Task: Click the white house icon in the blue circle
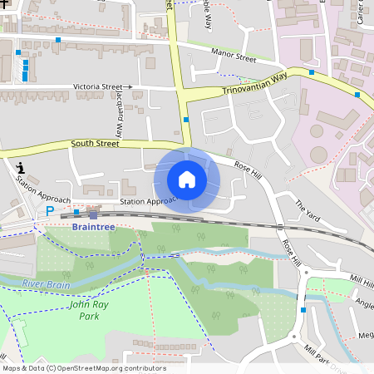[187, 180]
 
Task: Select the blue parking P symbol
[49, 211]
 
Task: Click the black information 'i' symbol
[19, 169]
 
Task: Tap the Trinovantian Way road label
[254, 83]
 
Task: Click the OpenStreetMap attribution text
[84, 368]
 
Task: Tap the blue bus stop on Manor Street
[57, 40]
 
